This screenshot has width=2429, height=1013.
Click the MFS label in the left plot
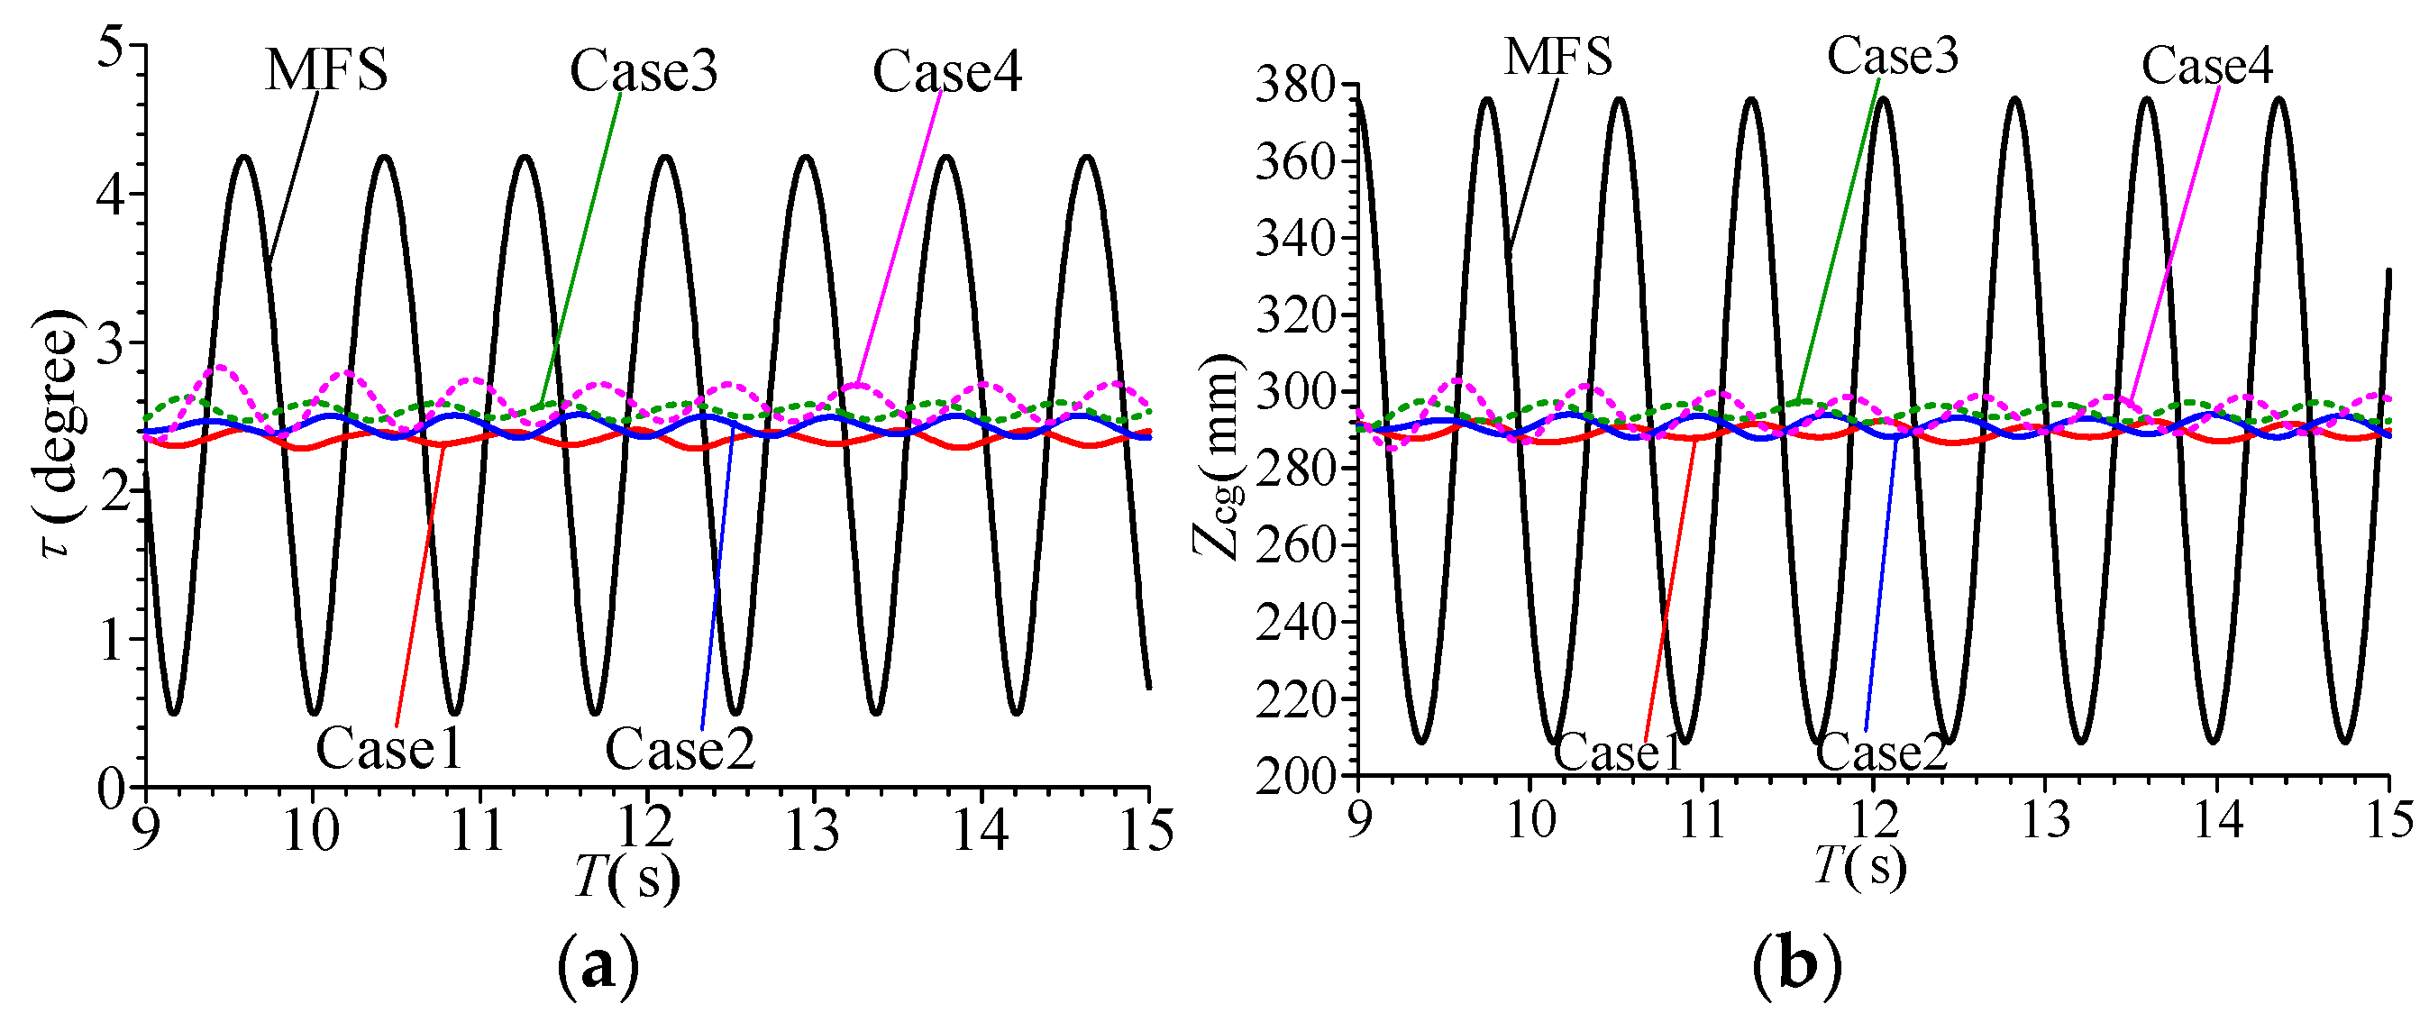[x=325, y=69]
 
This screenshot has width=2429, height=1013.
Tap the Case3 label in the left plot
[x=644, y=70]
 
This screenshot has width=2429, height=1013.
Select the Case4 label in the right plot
[x=2206, y=65]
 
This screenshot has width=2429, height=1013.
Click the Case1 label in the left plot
[x=388, y=750]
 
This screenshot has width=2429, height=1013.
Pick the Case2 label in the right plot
[x=1881, y=753]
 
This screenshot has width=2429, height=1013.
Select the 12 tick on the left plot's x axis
[x=646, y=830]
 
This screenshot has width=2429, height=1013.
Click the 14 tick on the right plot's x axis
[x=2218, y=818]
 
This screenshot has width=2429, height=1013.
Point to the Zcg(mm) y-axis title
[x=1219, y=457]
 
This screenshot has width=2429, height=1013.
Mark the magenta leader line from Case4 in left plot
[x=900, y=236]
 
